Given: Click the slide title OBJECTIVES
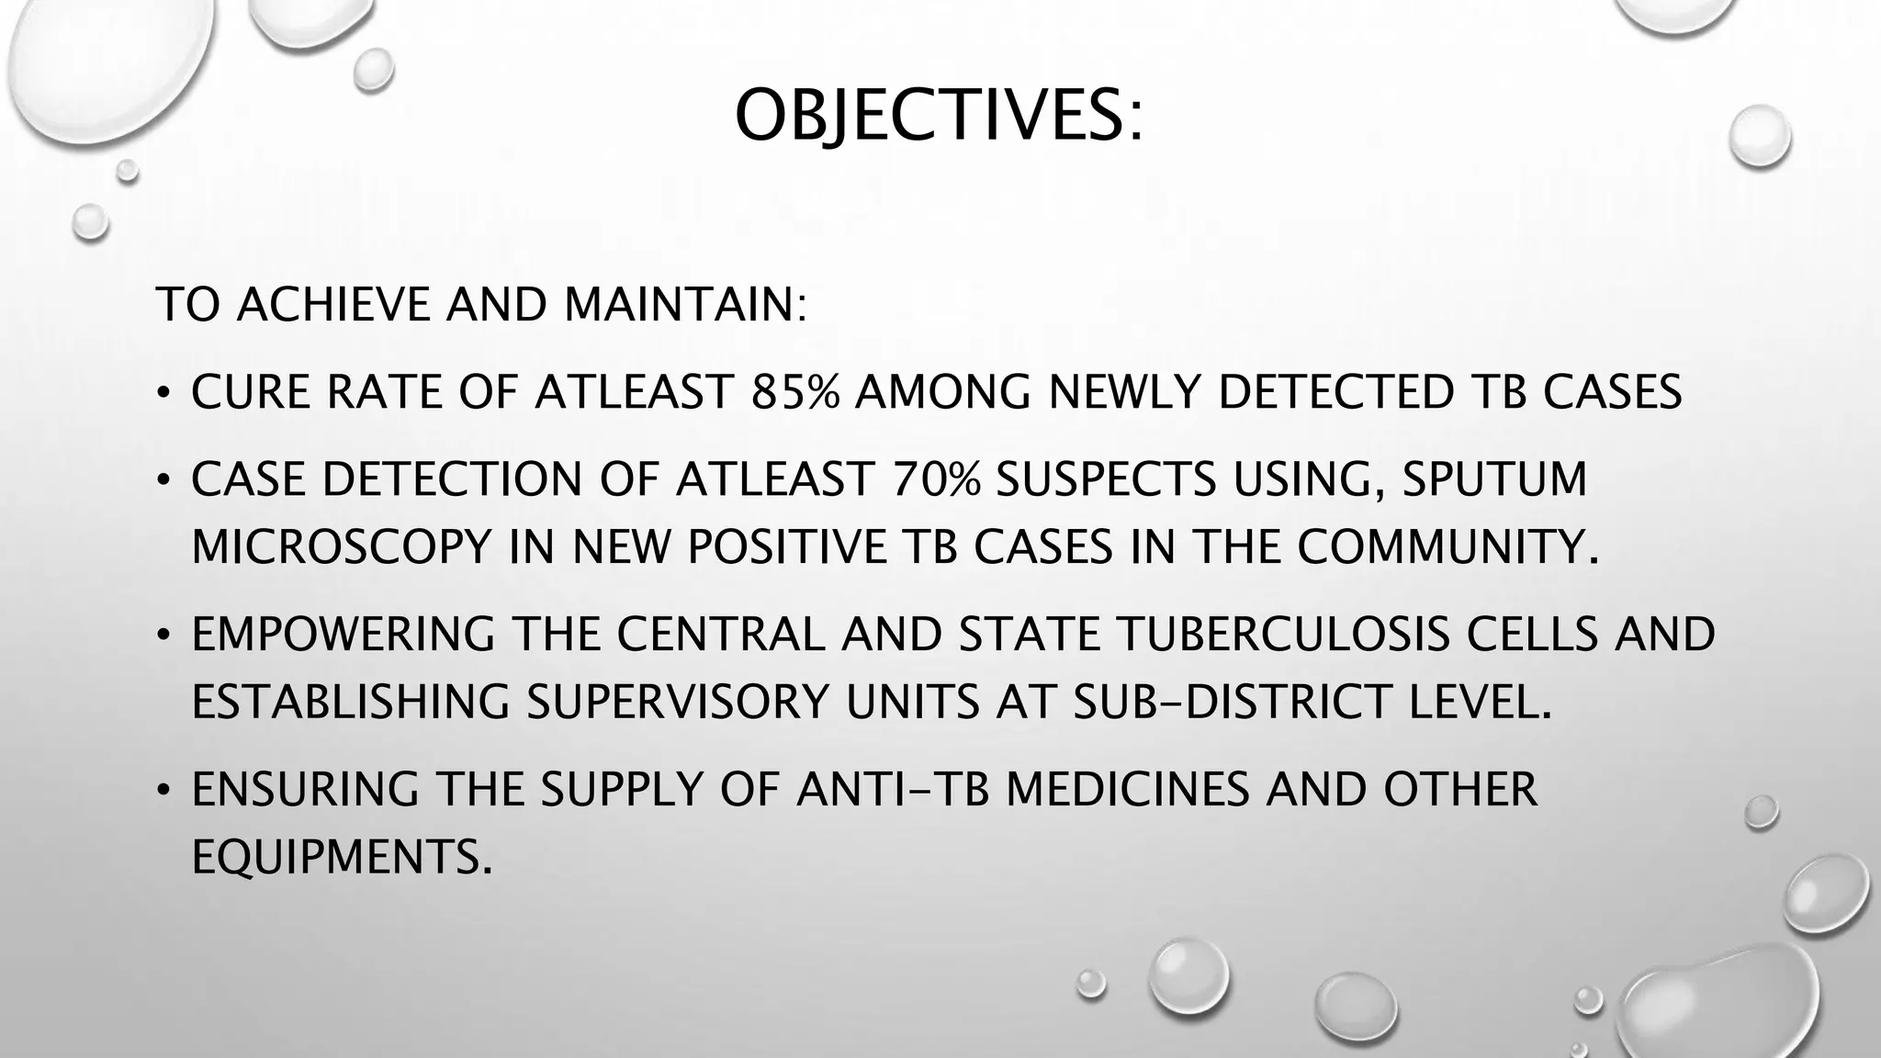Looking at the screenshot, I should (x=939, y=117).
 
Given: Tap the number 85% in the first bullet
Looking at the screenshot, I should (x=795, y=392).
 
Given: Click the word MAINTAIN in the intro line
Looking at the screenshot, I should (x=684, y=305).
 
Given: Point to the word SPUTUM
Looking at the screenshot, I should (x=1494, y=479).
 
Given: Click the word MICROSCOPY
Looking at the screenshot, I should (x=343, y=547).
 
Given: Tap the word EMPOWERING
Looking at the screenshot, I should (x=344, y=635).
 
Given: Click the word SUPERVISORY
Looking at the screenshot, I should (x=678, y=703).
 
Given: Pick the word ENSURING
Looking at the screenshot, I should (x=306, y=790).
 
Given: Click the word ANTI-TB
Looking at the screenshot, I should (x=893, y=790).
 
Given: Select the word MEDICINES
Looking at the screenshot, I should (x=1127, y=790).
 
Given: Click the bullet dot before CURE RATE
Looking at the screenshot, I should (x=163, y=395).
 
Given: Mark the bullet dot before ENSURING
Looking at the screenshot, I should (x=163, y=792).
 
